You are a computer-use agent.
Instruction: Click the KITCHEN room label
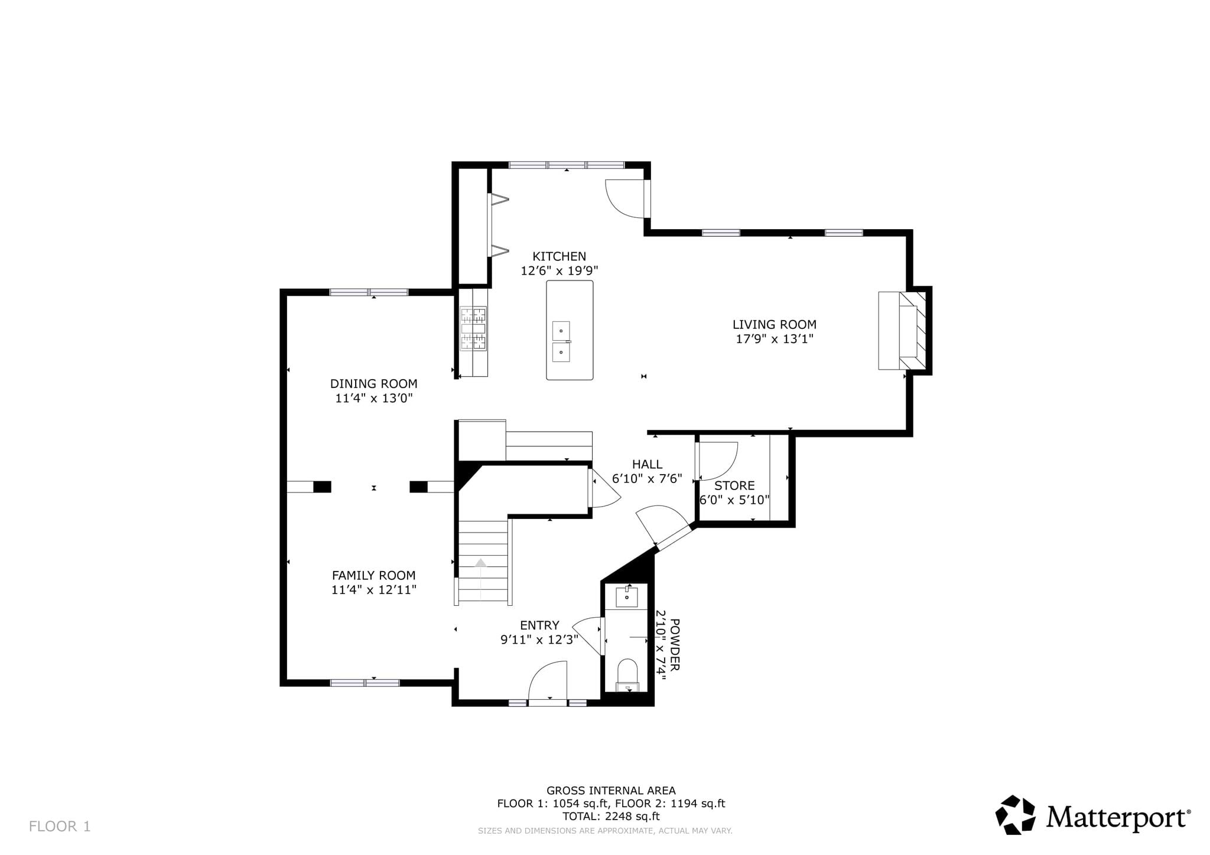click(x=559, y=256)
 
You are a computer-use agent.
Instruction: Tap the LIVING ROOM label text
click(x=774, y=324)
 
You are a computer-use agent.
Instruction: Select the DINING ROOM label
click(x=373, y=383)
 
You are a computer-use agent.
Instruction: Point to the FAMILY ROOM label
click(x=373, y=575)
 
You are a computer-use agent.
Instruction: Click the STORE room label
click(x=734, y=485)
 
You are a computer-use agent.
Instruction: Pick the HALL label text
click(x=647, y=464)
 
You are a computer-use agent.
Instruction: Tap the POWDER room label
click(x=675, y=644)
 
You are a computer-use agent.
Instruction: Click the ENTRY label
click(x=539, y=625)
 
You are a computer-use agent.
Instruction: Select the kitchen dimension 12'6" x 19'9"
click(x=559, y=271)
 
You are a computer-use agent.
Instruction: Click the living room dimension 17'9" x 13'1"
click(x=774, y=339)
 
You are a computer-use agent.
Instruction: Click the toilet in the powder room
click(x=627, y=675)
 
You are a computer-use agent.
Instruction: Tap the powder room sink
click(x=626, y=596)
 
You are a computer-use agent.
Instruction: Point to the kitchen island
click(x=570, y=330)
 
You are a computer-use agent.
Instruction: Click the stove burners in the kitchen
click(x=473, y=329)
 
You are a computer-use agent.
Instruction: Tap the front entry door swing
click(x=547, y=680)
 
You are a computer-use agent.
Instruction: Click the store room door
click(x=717, y=461)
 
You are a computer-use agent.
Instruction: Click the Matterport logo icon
click(x=1015, y=815)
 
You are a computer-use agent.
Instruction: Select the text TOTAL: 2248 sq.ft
click(x=611, y=817)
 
